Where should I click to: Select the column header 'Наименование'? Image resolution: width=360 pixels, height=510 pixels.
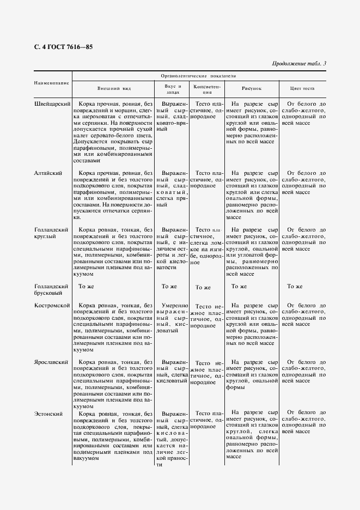[52, 83]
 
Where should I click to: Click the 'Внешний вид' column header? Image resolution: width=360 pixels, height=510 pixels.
[114, 88]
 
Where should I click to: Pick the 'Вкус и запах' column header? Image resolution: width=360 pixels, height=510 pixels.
[172, 89]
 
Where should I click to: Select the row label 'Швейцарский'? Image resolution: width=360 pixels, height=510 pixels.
[51, 104]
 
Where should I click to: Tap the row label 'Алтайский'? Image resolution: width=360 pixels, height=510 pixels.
[48, 173]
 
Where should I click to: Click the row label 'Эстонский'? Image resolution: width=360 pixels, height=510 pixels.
[48, 415]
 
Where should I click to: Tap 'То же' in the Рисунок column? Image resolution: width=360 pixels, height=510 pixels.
[239, 286]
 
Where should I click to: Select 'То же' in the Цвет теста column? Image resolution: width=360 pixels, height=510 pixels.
[295, 286]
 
